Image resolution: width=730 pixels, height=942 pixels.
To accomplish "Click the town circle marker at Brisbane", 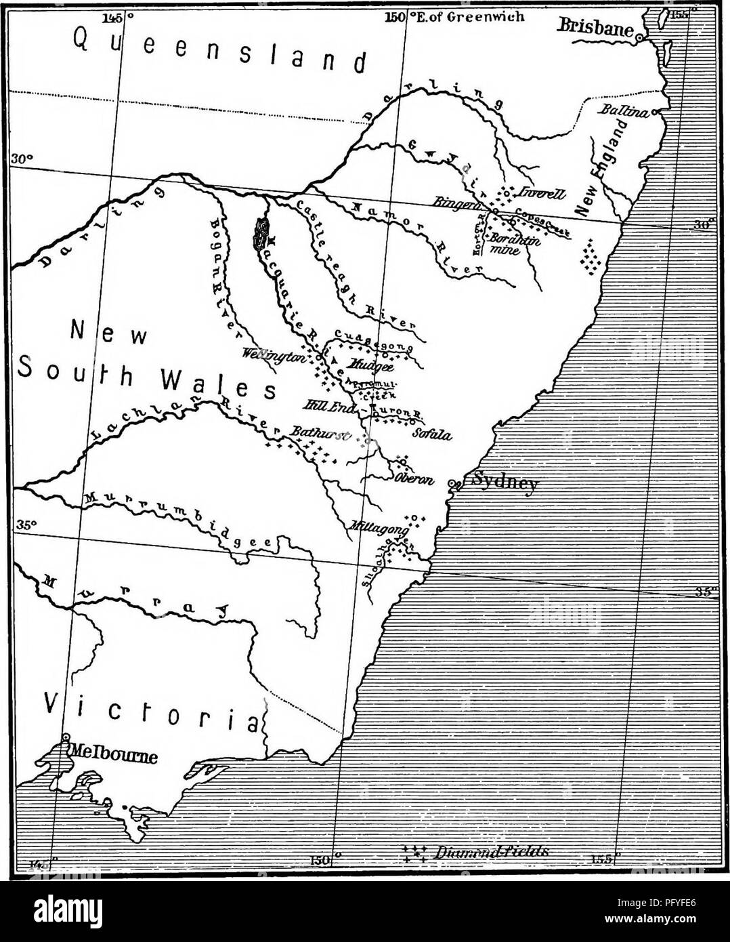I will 639,40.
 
